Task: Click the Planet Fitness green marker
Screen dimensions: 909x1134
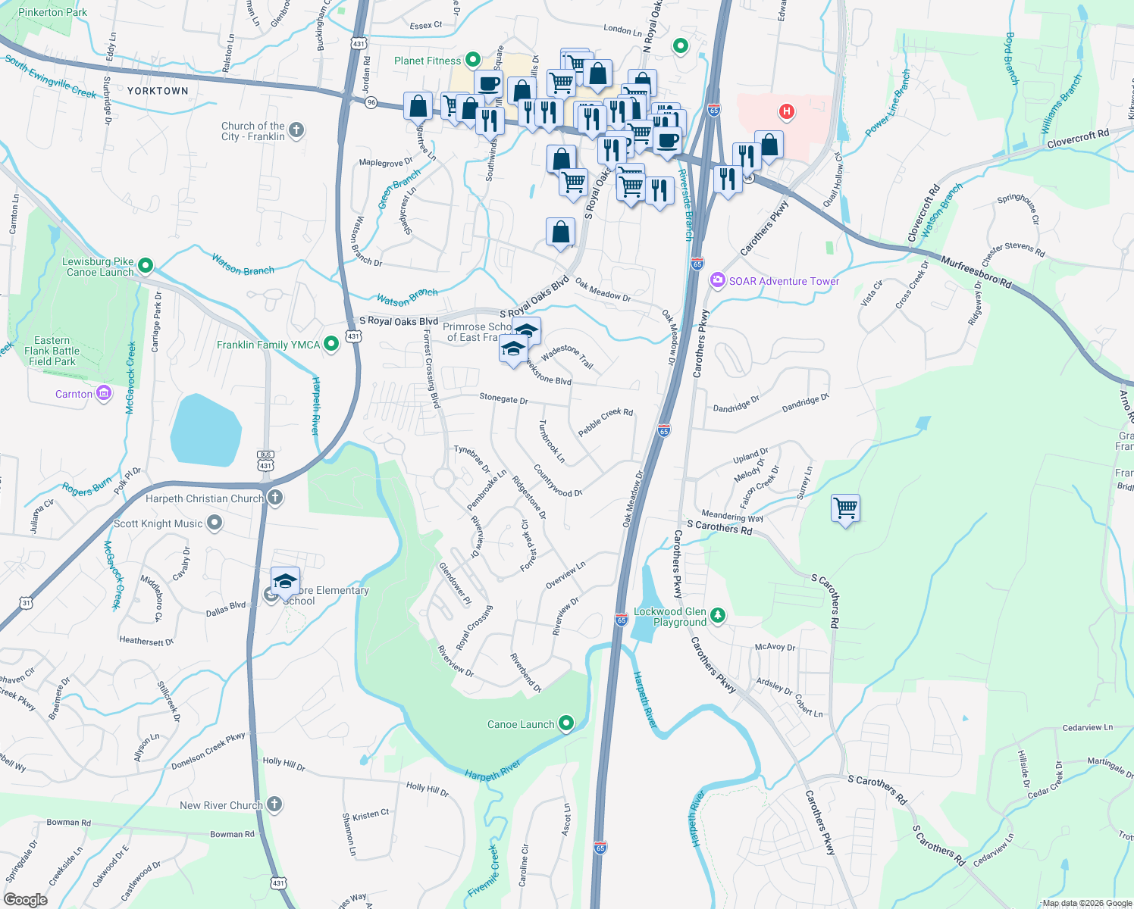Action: click(x=473, y=59)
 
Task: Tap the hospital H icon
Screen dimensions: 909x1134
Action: click(x=786, y=112)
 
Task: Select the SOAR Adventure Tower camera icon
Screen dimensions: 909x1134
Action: click(x=717, y=281)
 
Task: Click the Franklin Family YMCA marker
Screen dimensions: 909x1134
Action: click(x=330, y=344)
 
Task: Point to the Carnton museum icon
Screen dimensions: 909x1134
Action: click(x=104, y=393)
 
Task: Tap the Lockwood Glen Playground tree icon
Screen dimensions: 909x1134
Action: click(x=717, y=615)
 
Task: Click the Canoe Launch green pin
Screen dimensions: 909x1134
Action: click(x=565, y=723)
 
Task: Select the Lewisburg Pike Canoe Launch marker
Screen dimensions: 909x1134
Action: click(x=146, y=266)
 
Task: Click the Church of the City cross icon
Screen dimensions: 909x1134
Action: click(x=296, y=130)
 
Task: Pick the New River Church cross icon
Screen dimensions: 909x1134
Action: click(x=274, y=804)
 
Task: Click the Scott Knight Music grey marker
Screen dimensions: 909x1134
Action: click(x=215, y=523)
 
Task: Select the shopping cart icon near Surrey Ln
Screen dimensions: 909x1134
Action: click(x=844, y=508)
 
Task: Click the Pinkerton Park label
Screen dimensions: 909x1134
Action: click(x=53, y=12)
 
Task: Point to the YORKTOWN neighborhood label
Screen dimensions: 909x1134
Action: click(x=158, y=91)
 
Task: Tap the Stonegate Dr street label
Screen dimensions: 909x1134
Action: click(x=503, y=398)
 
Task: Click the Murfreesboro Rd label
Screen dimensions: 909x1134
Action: click(x=976, y=273)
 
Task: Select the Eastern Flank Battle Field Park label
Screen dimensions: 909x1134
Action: click(x=52, y=351)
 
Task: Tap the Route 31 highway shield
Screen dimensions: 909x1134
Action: click(x=27, y=603)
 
